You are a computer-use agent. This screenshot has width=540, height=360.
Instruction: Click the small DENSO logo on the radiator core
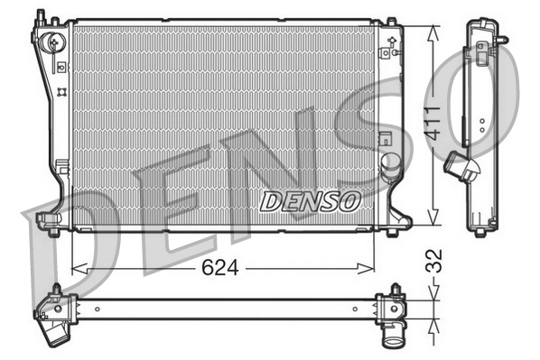click(x=310, y=200)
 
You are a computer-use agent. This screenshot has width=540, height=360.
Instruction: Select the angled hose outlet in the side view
click(x=461, y=169)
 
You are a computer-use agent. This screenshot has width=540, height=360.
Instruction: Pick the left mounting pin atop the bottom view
click(x=56, y=290)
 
